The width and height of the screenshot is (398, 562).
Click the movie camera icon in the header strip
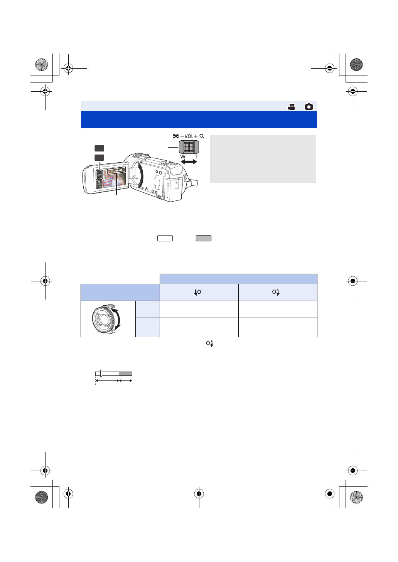point(291,107)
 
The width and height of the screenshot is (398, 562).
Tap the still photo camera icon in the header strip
point(309,107)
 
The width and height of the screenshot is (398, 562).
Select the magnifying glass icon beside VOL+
point(202,136)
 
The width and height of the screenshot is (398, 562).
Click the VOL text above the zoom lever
point(189,136)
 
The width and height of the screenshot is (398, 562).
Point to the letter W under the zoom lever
point(183,157)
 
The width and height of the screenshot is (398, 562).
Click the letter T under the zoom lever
point(196,157)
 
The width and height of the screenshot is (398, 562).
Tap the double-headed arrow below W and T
point(189,162)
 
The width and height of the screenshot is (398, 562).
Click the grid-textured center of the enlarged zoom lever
point(189,147)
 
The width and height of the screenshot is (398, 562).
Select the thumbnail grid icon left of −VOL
point(175,136)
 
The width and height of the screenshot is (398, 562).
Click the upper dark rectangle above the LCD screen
point(99,148)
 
